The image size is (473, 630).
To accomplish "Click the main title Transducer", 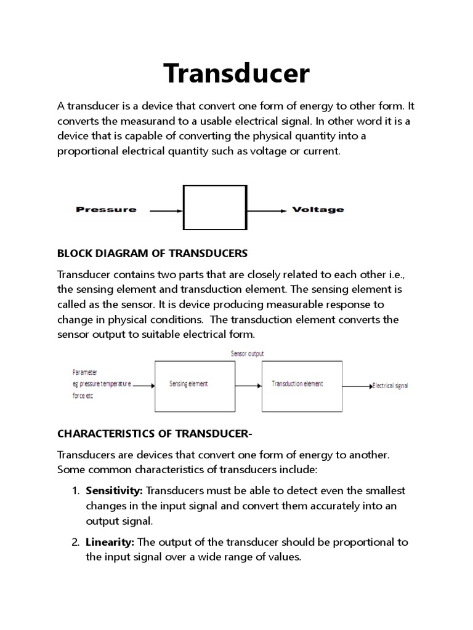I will click(x=236, y=73).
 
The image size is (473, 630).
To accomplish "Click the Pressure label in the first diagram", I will click(x=106, y=210).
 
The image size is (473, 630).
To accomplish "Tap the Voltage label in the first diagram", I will click(x=318, y=210).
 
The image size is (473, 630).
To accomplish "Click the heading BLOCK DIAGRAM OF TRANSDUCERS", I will click(x=152, y=253).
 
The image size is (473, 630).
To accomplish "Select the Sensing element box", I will click(x=188, y=385).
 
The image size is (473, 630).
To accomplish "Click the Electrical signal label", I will click(x=390, y=386).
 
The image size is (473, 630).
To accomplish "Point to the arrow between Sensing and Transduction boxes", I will click(x=242, y=386).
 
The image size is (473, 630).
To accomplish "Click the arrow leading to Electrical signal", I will click(x=356, y=386).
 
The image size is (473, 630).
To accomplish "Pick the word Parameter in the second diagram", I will click(x=84, y=372).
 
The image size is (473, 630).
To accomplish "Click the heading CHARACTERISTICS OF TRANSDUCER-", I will click(x=155, y=434).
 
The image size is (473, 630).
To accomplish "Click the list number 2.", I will click(x=75, y=542).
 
